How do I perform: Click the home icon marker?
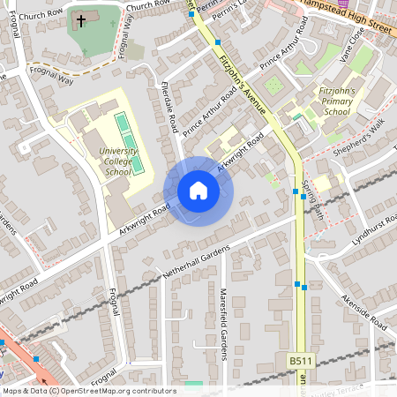point(198,191)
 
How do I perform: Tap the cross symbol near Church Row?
point(81,20)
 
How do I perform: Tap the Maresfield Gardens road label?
point(224,324)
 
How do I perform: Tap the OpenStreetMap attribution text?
point(88,391)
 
